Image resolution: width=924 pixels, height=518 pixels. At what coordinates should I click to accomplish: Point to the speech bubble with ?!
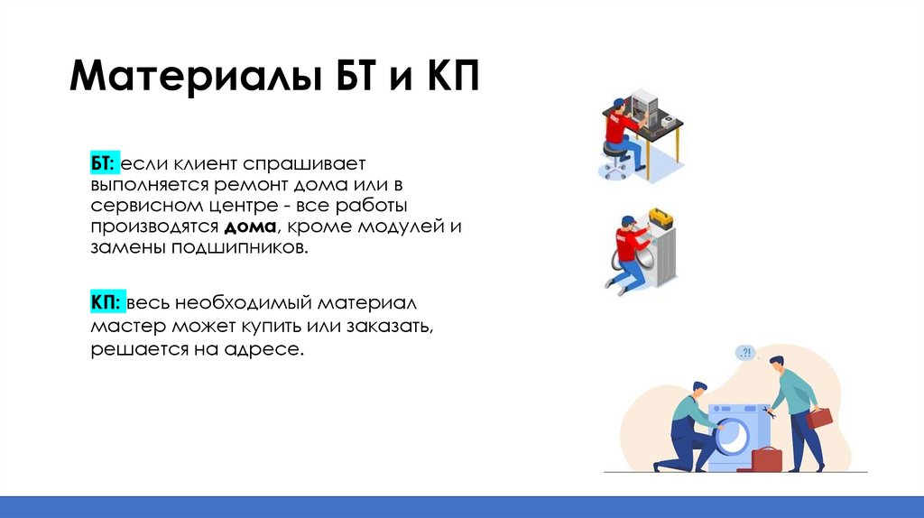point(745,353)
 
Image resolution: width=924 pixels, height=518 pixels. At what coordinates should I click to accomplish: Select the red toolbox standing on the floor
point(765,459)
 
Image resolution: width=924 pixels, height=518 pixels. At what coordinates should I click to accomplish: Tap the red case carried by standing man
point(819,418)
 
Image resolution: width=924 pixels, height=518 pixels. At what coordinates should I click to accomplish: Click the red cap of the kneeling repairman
point(624,220)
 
